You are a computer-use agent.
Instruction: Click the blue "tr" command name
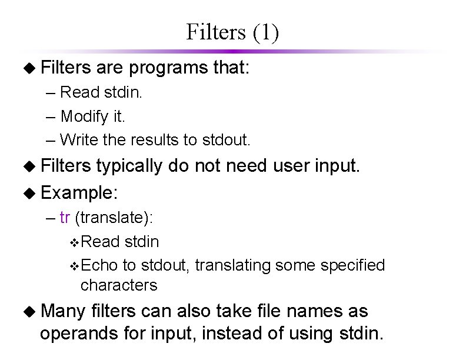(65, 218)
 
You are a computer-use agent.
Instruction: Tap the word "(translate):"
(114, 218)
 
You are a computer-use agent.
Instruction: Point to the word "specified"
(353, 265)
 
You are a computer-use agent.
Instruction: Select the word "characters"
(119, 285)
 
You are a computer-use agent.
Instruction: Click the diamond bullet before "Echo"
(74, 266)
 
